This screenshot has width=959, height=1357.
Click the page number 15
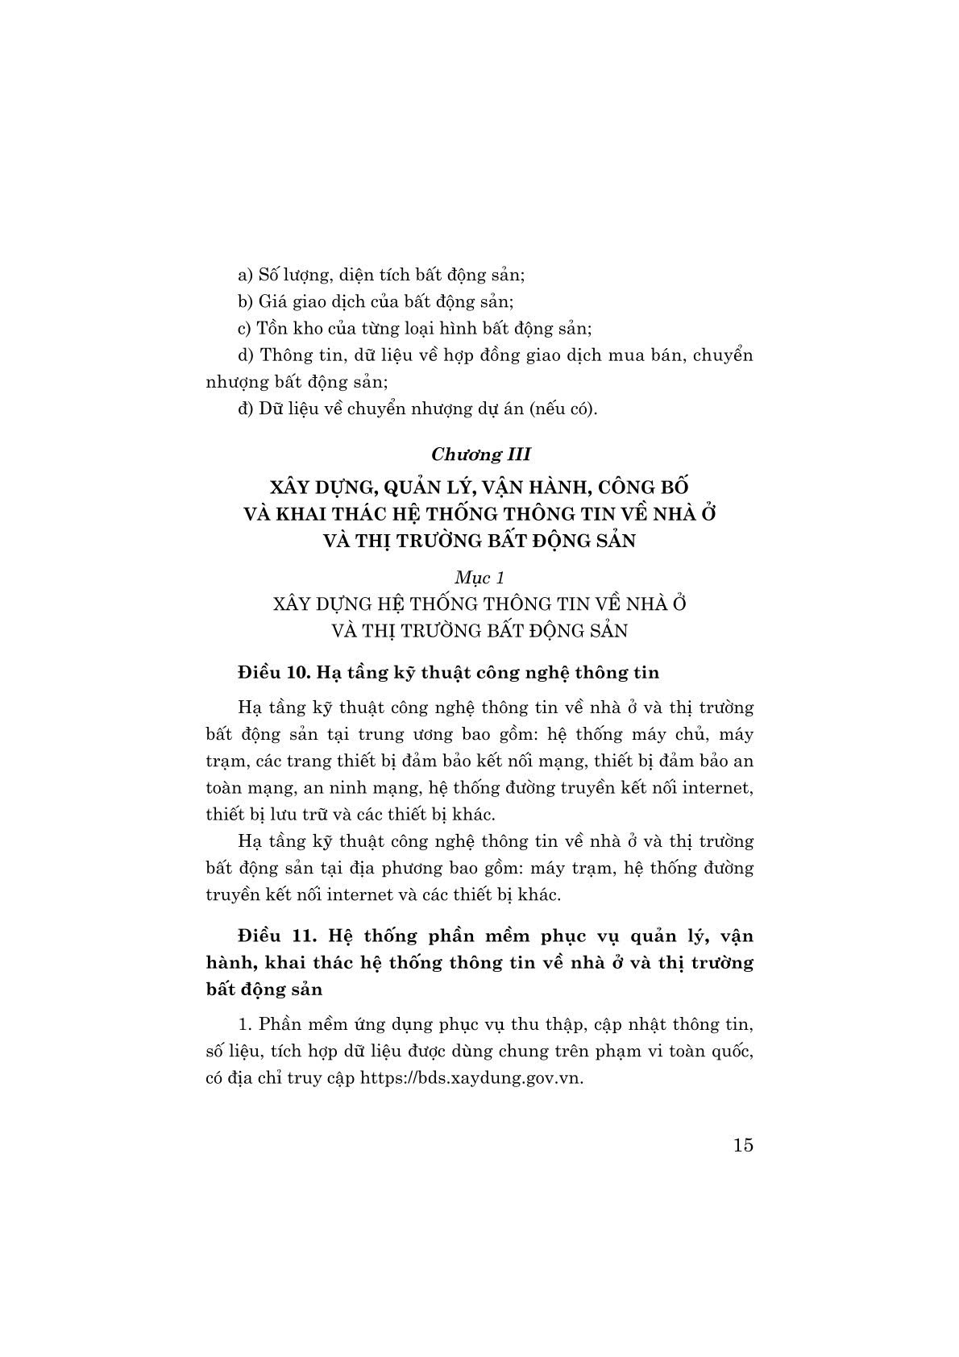tap(743, 1144)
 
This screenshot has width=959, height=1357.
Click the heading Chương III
tap(480, 454)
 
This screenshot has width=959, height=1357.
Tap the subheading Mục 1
tap(479, 577)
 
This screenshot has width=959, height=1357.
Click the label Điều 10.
tap(270, 671)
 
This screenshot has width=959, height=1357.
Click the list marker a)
tap(246, 275)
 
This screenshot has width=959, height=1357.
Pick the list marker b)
tap(246, 301)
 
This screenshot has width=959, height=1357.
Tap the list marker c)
tap(246, 328)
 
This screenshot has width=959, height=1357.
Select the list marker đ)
tap(246, 408)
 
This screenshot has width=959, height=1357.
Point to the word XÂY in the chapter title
tap(293, 487)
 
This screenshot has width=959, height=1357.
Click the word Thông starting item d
tap(287, 355)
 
